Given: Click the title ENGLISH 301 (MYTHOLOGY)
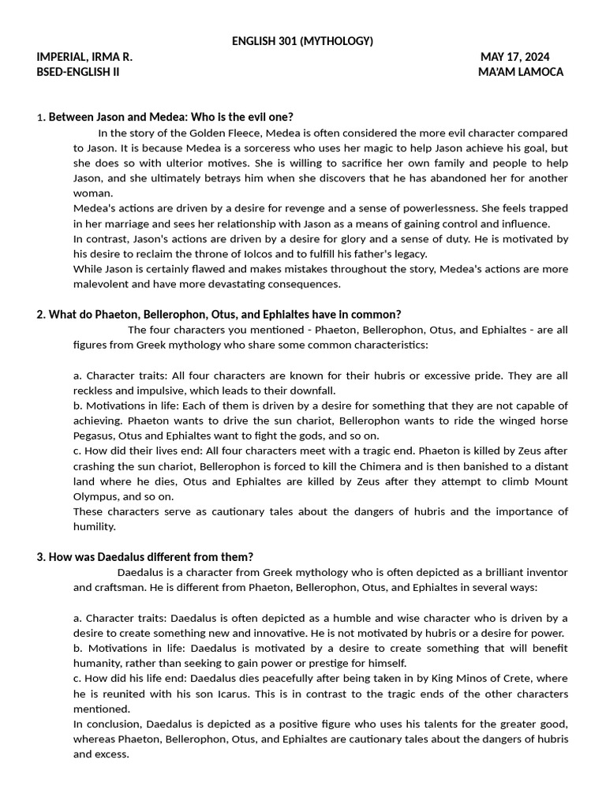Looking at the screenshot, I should (x=302, y=41).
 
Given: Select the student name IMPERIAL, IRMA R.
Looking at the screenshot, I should (x=84, y=57).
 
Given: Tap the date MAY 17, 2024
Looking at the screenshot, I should (x=514, y=57).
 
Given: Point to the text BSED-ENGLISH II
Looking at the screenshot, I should (x=78, y=72).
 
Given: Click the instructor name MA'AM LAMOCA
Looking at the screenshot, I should (x=521, y=72).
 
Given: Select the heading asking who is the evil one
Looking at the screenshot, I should (x=170, y=117).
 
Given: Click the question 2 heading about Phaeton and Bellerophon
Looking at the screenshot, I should (x=219, y=314).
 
